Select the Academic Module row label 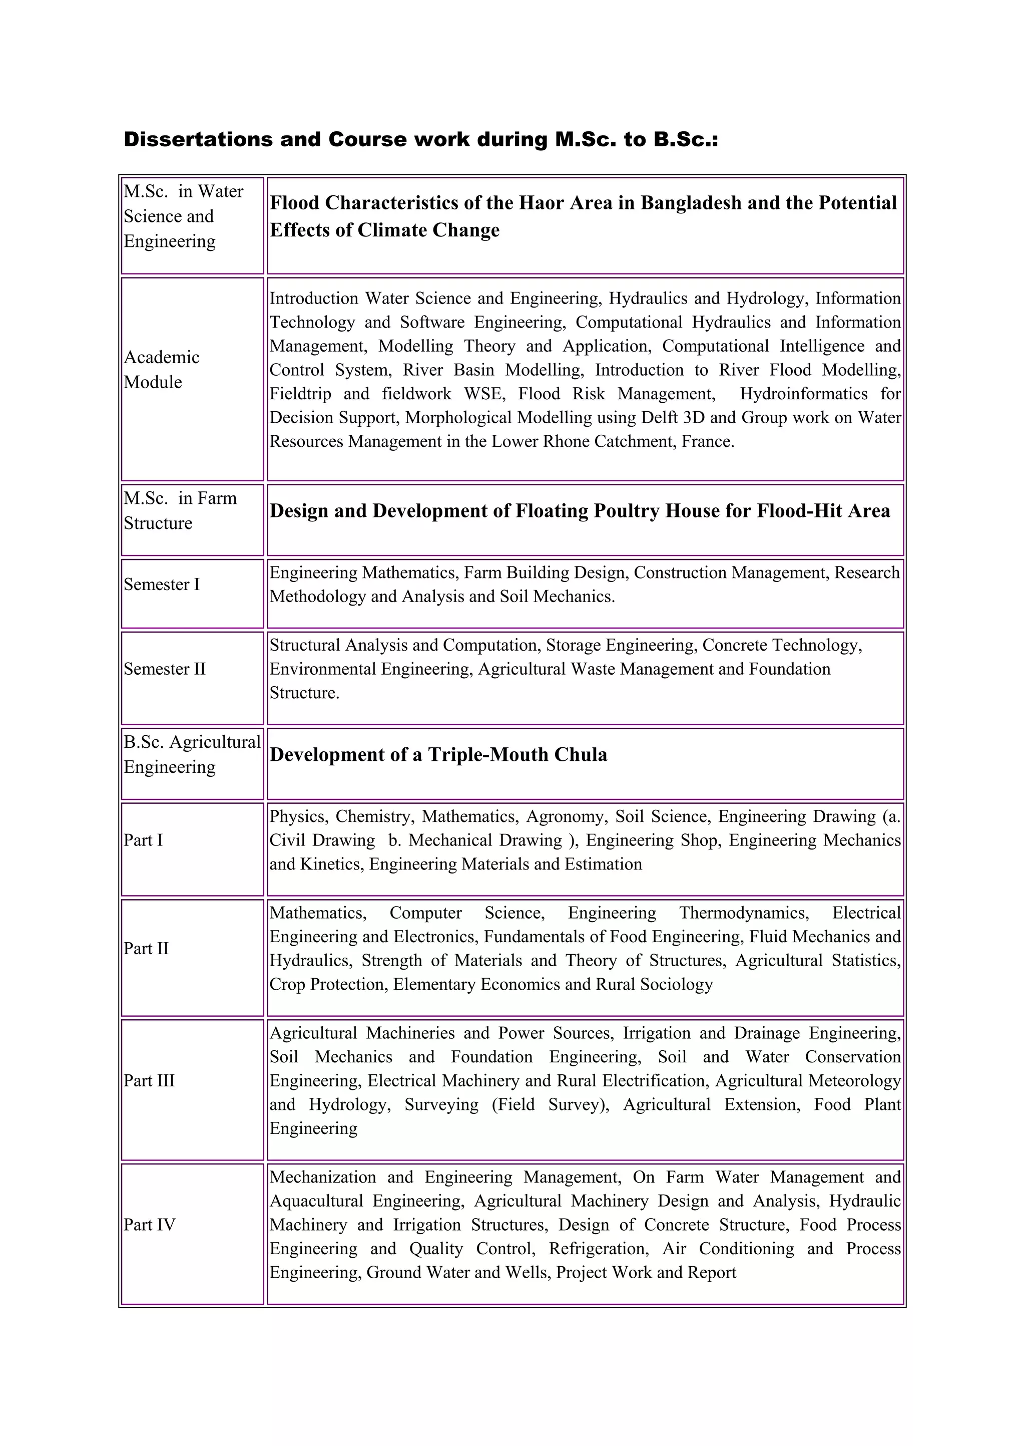click(161, 370)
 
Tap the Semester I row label click(161, 585)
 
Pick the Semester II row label click(164, 669)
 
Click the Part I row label click(143, 840)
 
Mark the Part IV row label click(149, 1224)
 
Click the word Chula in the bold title click(581, 755)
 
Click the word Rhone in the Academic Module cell click(545, 441)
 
